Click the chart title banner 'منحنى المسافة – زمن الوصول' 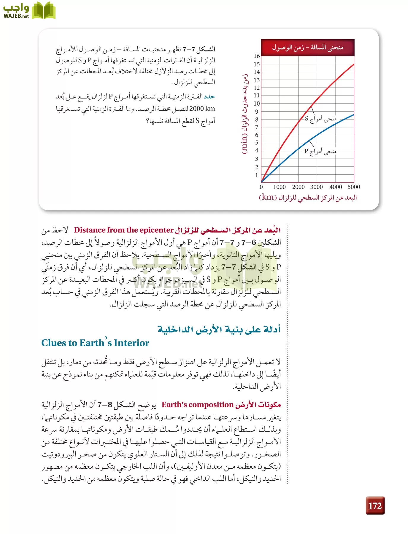[x=308, y=47]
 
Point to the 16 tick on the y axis [x=257, y=56]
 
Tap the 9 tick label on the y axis [x=257, y=112]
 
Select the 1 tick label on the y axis [x=257, y=175]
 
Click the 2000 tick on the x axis [x=298, y=187]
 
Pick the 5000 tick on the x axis [x=354, y=187]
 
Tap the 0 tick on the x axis [x=261, y=187]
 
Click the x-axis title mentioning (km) [x=308, y=198]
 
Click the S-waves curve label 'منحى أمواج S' [x=321, y=119]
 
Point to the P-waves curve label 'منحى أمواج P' [x=320, y=152]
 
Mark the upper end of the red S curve [x=354, y=64]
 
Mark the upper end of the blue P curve [x=354, y=115]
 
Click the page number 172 [x=375, y=506]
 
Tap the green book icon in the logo [x=44, y=11]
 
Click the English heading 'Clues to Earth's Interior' [x=95, y=343]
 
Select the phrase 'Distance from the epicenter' [x=124, y=230]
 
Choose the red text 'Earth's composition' [x=197, y=405]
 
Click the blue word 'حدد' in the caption [x=209, y=97]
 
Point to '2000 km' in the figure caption [x=202, y=109]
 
